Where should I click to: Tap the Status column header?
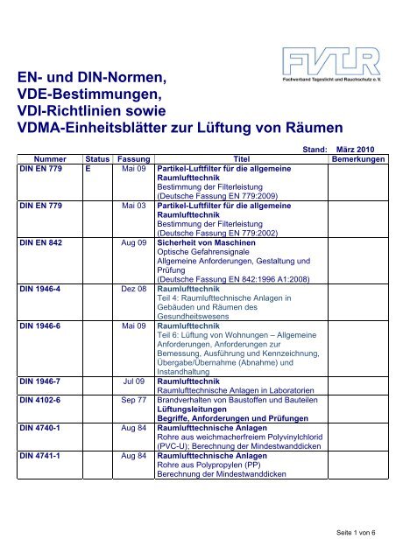[94, 160]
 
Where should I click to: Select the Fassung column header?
[133, 160]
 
